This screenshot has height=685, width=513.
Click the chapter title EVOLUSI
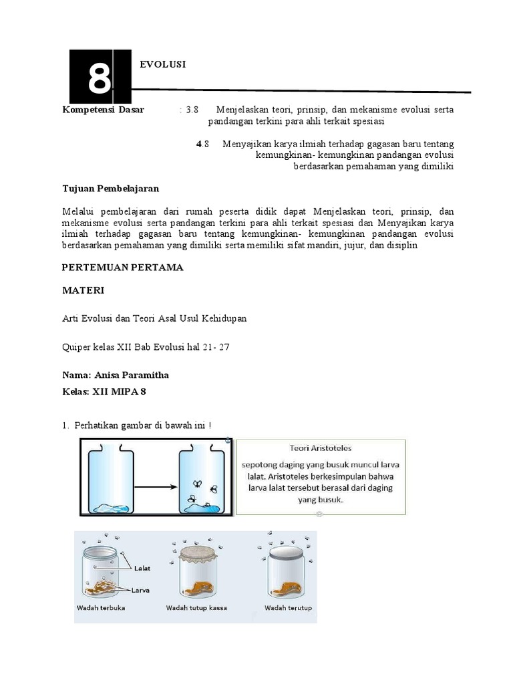162,64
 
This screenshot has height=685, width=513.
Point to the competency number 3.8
192,110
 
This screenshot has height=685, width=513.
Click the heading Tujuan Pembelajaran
110,189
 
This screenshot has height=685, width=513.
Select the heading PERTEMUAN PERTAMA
122,268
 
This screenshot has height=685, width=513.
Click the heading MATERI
83,292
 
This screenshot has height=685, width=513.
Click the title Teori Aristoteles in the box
320,448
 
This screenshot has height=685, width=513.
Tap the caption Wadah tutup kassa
195,608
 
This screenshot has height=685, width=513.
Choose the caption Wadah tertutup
289,608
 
